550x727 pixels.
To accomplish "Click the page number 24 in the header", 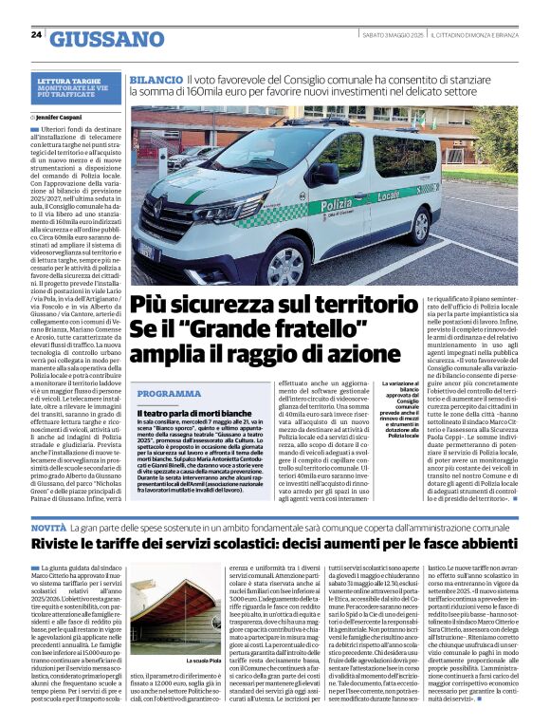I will point(36,34).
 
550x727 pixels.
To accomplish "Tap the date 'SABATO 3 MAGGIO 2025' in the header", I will point(391,35).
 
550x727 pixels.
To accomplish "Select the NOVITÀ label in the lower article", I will point(48,525).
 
